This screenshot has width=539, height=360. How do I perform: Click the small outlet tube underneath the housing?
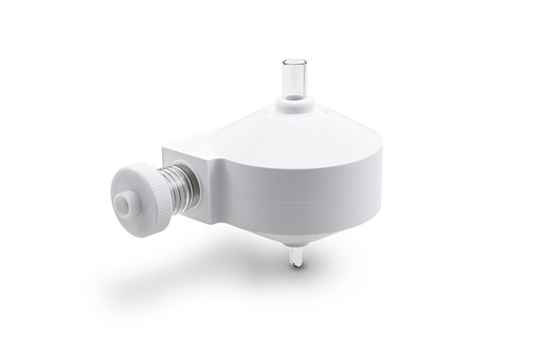click(x=294, y=256)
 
